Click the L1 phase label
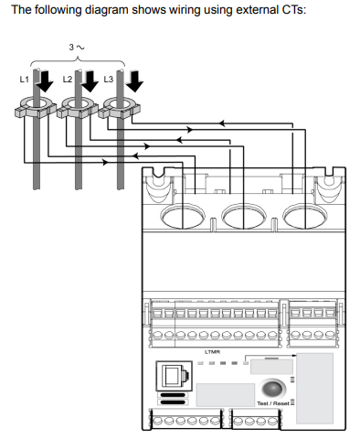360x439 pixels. pyautogui.click(x=24, y=80)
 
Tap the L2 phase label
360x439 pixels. pyautogui.click(x=68, y=80)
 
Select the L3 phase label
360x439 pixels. pyautogui.click(x=109, y=80)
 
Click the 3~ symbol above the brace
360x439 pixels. pyautogui.click(x=77, y=48)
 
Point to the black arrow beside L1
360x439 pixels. pyautogui.click(x=45, y=81)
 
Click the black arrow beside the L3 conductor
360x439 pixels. pyautogui.click(x=134, y=81)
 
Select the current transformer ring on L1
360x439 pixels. pyautogui.click(x=36, y=107)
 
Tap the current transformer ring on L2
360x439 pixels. pyautogui.click(x=78, y=107)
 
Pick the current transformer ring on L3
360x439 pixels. pyautogui.click(x=120, y=107)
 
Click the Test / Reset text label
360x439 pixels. pyautogui.click(x=273, y=403)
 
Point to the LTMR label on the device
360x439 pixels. pyautogui.click(x=212, y=352)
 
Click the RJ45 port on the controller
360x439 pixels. pyautogui.click(x=175, y=375)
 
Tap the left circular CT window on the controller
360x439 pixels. pyautogui.click(x=183, y=216)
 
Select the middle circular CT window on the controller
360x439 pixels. pyautogui.click(x=244, y=216)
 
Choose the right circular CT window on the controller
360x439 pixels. pyautogui.click(x=305, y=216)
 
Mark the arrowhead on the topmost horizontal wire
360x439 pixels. pyautogui.click(x=222, y=123)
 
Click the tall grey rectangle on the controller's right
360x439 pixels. pyautogui.click(x=314, y=389)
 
